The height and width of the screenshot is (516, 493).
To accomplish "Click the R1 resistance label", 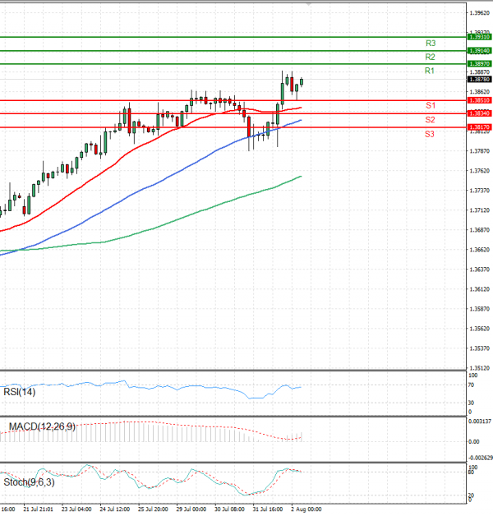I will (430, 71).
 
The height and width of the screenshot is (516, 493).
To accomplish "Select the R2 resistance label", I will (430, 57).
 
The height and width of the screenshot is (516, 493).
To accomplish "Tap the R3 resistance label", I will (430, 43).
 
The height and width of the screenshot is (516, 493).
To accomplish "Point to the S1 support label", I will (430, 106).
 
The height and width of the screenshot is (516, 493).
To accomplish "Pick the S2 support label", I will (430, 120).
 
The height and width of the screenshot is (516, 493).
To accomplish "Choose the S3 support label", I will (430, 133).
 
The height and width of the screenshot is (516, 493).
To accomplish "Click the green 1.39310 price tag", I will (479, 37).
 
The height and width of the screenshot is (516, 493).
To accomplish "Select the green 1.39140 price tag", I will (479, 51).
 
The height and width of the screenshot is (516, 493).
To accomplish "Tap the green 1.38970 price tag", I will (479, 64).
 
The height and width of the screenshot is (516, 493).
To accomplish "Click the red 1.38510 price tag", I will (479, 100).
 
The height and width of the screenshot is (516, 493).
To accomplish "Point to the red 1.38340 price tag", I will (479, 113).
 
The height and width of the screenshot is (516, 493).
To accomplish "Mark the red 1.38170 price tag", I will (479, 127).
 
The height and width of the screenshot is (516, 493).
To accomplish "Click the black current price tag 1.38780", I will (479, 80).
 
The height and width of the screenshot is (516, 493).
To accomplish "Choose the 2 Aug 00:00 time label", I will (304, 509).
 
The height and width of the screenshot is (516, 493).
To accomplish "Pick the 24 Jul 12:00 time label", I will (115, 509).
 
